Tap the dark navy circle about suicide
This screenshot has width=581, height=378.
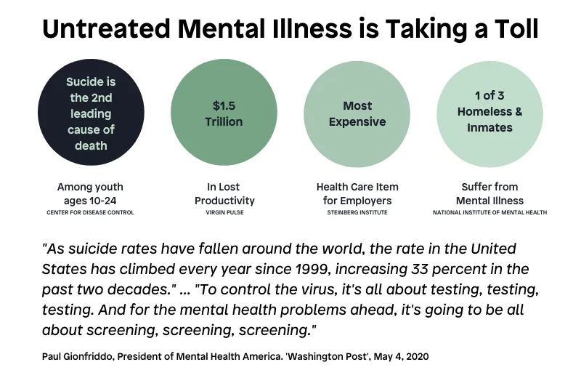point(92,113)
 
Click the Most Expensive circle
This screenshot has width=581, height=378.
point(357,113)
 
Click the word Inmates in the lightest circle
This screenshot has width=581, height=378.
point(489,128)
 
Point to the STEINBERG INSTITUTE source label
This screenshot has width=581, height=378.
point(357,212)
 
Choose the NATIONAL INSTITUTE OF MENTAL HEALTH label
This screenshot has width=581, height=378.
point(489,212)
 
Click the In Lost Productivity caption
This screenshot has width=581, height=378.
point(224,194)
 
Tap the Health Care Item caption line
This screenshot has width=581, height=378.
point(357,187)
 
